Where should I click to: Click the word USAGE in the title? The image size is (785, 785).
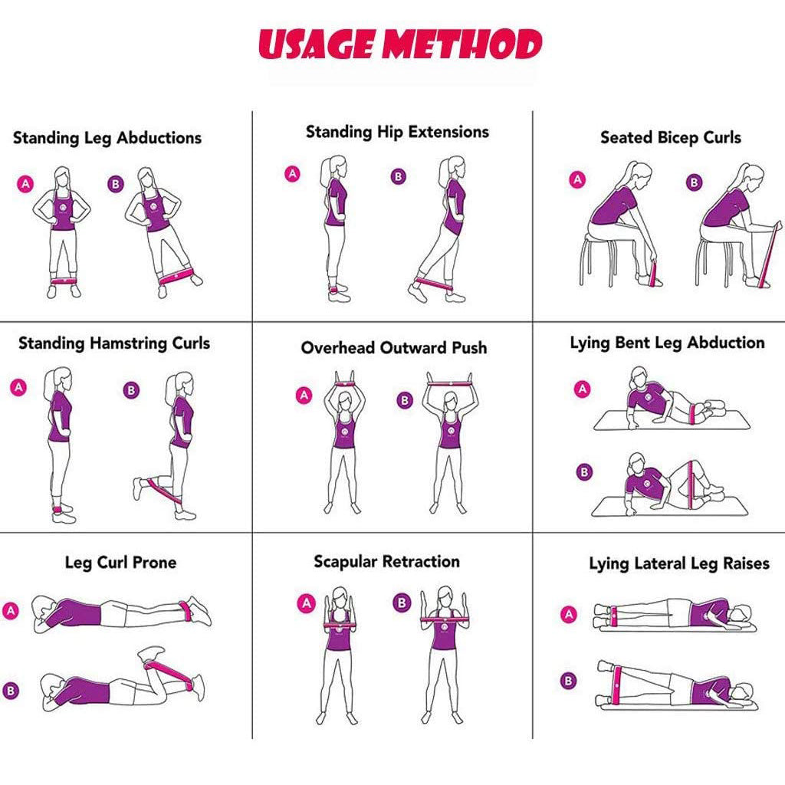317,44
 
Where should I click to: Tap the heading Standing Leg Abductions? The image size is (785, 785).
107,138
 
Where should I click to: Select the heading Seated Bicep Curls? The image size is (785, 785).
670,138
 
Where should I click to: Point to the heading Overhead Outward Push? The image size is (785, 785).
394,347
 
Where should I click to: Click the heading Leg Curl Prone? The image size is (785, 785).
120,562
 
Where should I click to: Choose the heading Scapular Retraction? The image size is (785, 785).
387,562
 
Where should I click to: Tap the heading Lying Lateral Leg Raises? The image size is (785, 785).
679,563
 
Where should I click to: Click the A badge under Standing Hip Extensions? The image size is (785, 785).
292,174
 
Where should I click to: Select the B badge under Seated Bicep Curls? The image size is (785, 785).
694,182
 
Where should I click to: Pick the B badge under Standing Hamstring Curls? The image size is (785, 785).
131,390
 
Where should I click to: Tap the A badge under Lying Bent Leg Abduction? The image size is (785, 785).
583,389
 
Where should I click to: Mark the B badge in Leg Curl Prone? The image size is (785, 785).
11,691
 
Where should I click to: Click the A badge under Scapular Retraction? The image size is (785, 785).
307,603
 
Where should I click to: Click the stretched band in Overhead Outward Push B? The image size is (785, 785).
449,384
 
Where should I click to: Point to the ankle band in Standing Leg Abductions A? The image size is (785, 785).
64,281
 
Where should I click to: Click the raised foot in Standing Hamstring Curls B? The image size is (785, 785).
138,488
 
